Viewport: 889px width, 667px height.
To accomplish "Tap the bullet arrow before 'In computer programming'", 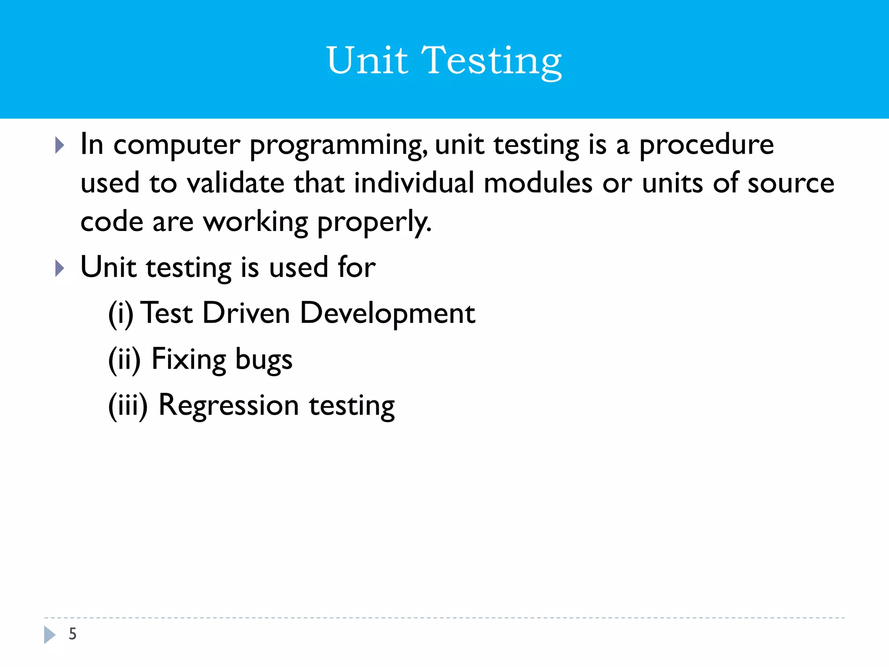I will click(x=60, y=145).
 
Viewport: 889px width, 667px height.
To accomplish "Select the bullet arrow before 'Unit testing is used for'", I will click(x=60, y=268).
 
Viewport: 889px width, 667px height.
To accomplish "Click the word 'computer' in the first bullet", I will click(x=177, y=145).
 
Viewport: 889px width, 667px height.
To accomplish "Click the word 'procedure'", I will click(x=706, y=145).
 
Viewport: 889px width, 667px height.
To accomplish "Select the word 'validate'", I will click(x=235, y=183).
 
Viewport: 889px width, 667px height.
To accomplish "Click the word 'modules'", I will click(x=538, y=183).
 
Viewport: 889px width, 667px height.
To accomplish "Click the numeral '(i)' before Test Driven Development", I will click(x=120, y=314).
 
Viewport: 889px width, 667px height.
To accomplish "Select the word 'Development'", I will click(x=387, y=314).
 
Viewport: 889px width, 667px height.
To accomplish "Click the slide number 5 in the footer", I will click(x=72, y=634).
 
